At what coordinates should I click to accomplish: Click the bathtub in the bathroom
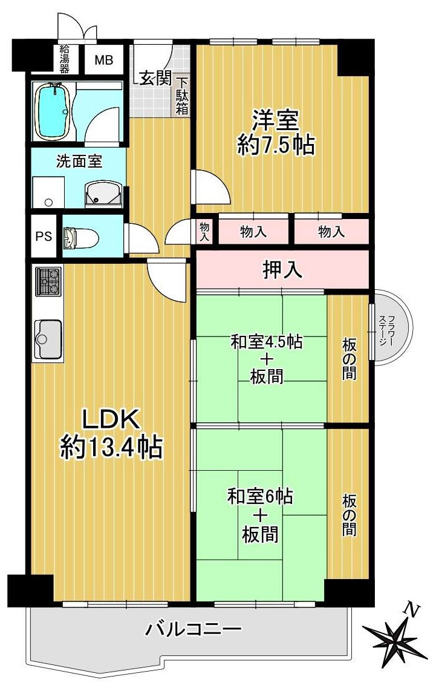coord(53,111)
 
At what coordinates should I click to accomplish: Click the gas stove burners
coord(48,281)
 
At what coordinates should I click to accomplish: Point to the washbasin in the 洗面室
coord(103,194)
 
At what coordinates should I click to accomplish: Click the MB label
coord(103,60)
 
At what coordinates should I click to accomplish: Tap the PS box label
coord(43,235)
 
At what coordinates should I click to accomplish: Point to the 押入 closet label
coord(282,269)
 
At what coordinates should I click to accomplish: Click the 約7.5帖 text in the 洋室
coord(276,145)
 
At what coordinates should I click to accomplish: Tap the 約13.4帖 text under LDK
coord(111,447)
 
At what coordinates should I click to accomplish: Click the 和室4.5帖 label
coord(266,342)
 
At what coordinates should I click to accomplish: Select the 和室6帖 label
coord(260,497)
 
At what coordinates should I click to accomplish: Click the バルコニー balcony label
coord(193,630)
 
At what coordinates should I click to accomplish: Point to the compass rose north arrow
coord(394,635)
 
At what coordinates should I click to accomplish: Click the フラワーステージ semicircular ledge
coord(391,330)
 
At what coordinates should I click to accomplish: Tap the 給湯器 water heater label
coord(64,58)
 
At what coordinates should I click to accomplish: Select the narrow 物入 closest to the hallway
coord(204,231)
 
